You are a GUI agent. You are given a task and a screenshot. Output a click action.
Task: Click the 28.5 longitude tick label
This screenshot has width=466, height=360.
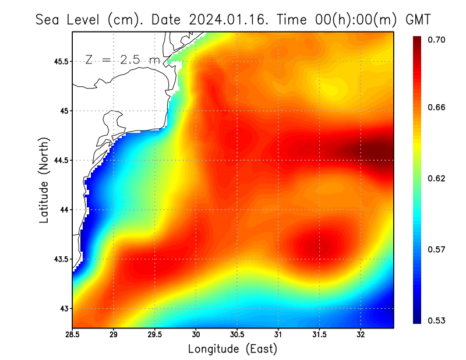73,334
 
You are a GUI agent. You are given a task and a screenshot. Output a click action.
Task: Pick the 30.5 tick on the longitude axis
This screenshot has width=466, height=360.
237,334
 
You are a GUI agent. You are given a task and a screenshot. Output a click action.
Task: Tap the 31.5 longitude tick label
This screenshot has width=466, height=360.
319,334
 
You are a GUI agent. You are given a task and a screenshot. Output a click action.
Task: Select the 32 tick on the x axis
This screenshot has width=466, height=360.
361,334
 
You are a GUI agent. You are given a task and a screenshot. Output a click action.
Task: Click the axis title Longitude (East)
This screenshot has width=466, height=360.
232,349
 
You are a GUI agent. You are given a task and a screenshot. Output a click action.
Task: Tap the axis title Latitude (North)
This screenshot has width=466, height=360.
44,179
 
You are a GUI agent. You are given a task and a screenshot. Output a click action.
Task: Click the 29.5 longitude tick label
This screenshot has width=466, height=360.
155,334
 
